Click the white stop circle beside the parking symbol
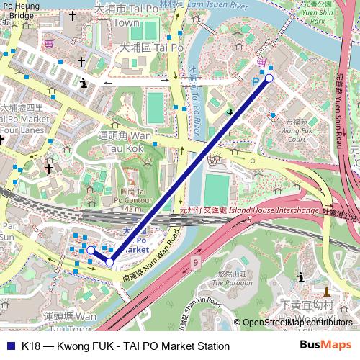point(269,78)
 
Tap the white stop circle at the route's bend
point(109,262)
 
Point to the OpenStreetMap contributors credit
point(297,323)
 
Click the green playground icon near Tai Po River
point(230,112)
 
